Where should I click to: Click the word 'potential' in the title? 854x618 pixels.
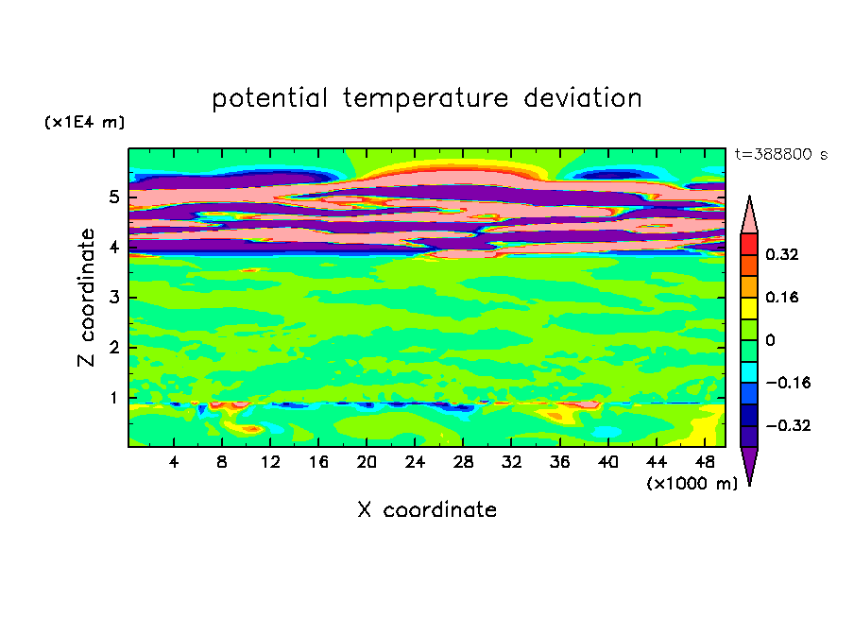pyautogui.click(x=269, y=98)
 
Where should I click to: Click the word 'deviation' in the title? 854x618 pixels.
pyautogui.click(x=582, y=97)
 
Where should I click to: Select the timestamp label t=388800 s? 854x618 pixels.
pyautogui.click(x=781, y=154)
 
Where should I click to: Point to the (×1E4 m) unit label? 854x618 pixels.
pyautogui.click(x=84, y=122)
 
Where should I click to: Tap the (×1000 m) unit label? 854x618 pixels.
pyautogui.click(x=692, y=483)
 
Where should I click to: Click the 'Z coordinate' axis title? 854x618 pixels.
pyautogui.click(x=86, y=298)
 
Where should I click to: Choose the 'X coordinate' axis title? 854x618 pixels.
pyautogui.click(x=427, y=509)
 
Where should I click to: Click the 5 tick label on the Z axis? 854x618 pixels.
pyautogui.click(x=113, y=197)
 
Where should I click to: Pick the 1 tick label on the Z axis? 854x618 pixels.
pyautogui.click(x=113, y=398)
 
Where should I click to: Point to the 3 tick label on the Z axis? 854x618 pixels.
pyautogui.click(x=113, y=298)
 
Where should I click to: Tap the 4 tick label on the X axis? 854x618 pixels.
pyautogui.click(x=174, y=462)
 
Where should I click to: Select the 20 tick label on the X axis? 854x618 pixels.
pyautogui.click(x=367, y=462)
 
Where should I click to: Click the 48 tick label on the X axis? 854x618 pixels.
pyautogui.click(x=705, y=462)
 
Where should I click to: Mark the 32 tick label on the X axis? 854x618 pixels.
pyautogui.click(x=511, y=462)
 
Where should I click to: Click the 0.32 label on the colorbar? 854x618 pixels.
pyautogui.click(x=781, y=254)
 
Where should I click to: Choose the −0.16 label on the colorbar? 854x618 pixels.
pyautogui.click(x=788, y=383)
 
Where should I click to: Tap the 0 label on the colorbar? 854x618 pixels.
pyautogui.click(x=770, y=340)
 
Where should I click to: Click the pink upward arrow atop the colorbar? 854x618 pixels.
pyautogui.click(x=749, y=215)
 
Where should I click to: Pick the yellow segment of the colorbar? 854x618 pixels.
pyautogui.click(x=749, y=308)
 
